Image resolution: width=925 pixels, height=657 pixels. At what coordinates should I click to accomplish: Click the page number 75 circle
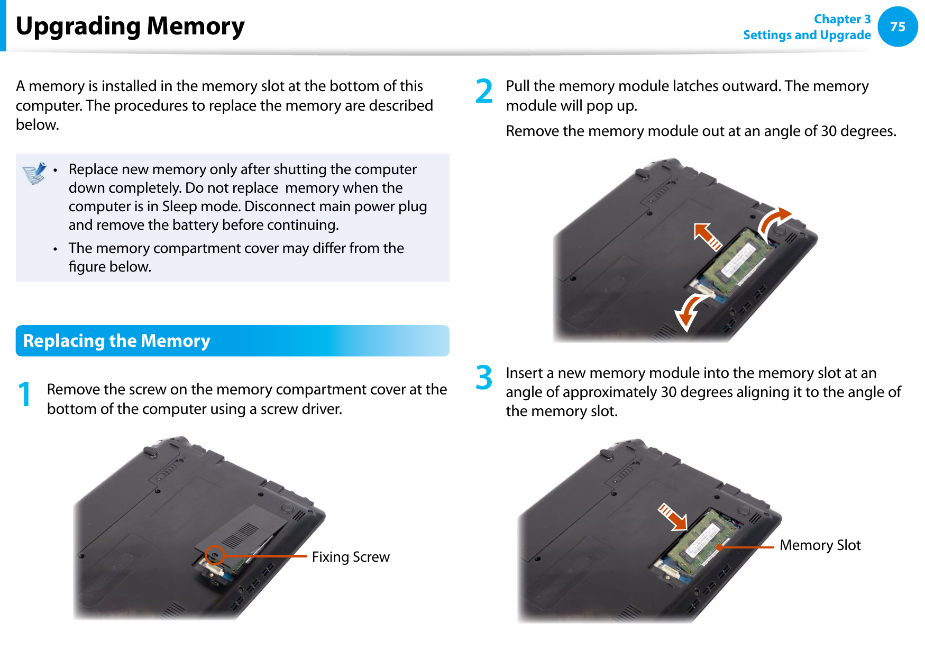coord(897,26)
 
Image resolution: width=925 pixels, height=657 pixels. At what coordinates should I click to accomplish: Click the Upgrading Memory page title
coord(130,26)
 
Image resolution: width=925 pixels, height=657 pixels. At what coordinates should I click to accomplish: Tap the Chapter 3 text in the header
coord(842,19)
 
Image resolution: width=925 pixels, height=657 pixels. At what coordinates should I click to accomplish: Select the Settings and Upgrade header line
coord(807,35)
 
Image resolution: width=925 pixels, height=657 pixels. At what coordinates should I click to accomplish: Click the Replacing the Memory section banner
coord(232,340)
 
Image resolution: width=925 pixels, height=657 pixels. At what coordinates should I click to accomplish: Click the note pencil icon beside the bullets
coord(34,173)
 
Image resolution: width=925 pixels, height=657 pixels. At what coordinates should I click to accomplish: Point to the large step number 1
coord(24,395)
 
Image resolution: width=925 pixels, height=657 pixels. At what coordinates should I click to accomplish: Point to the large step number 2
coord(484,91)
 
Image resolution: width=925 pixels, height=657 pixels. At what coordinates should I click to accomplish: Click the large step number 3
coord(484,377)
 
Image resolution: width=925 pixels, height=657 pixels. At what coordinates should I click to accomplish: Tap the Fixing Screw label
coord(350,557)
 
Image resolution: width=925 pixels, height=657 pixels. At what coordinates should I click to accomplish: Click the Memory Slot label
coord(820,545)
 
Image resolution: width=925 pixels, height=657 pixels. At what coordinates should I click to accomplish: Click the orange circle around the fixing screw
coord(215,555)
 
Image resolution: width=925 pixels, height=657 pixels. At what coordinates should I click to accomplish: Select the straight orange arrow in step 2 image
coord(708,236)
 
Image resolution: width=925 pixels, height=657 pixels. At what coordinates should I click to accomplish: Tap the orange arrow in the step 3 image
coord(673,517)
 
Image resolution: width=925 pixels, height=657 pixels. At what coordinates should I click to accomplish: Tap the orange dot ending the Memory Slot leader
coord(719,547)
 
